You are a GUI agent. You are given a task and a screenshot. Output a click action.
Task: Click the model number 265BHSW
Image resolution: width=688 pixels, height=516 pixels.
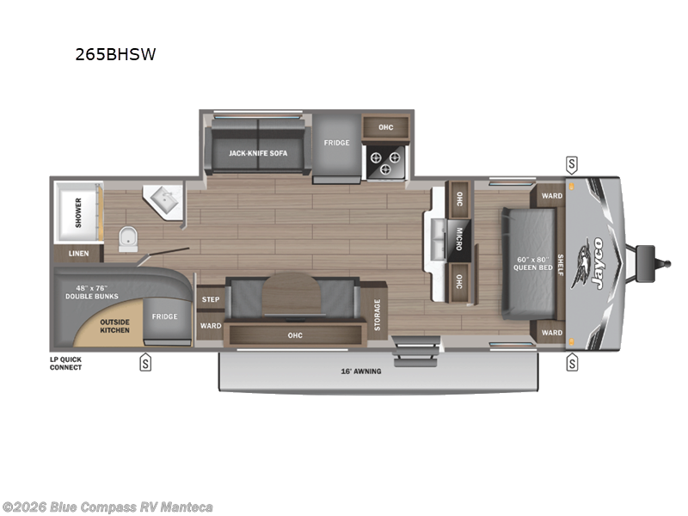click(115, 55)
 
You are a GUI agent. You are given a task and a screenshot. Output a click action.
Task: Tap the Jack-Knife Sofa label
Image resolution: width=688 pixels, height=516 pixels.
click(258, 153)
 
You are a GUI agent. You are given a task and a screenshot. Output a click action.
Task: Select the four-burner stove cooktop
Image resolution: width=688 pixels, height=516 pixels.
click(385, 163)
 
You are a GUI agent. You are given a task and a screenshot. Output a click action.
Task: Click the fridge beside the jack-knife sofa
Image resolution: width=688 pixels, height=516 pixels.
click(336, 144)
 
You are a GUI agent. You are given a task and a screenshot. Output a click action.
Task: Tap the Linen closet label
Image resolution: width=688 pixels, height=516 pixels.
click(79, 254)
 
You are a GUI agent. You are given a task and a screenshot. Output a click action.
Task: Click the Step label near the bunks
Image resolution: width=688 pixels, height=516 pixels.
click(210, 299)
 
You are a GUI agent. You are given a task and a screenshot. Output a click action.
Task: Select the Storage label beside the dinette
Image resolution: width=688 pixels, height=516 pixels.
click(377, 315)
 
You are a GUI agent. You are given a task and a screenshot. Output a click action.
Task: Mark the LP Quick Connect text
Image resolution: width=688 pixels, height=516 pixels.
click(65, 363)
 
